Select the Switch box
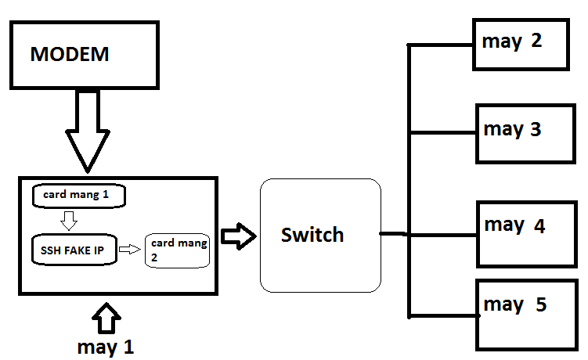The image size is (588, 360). click(320, 235)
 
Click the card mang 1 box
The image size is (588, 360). click(78, 196)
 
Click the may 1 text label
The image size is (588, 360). click(106, 346)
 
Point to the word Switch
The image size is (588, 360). click(312, 235)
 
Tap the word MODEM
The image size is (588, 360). click(69, 55)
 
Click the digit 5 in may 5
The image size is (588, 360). click(540, 304)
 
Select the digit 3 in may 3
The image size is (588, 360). click(536, 129)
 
